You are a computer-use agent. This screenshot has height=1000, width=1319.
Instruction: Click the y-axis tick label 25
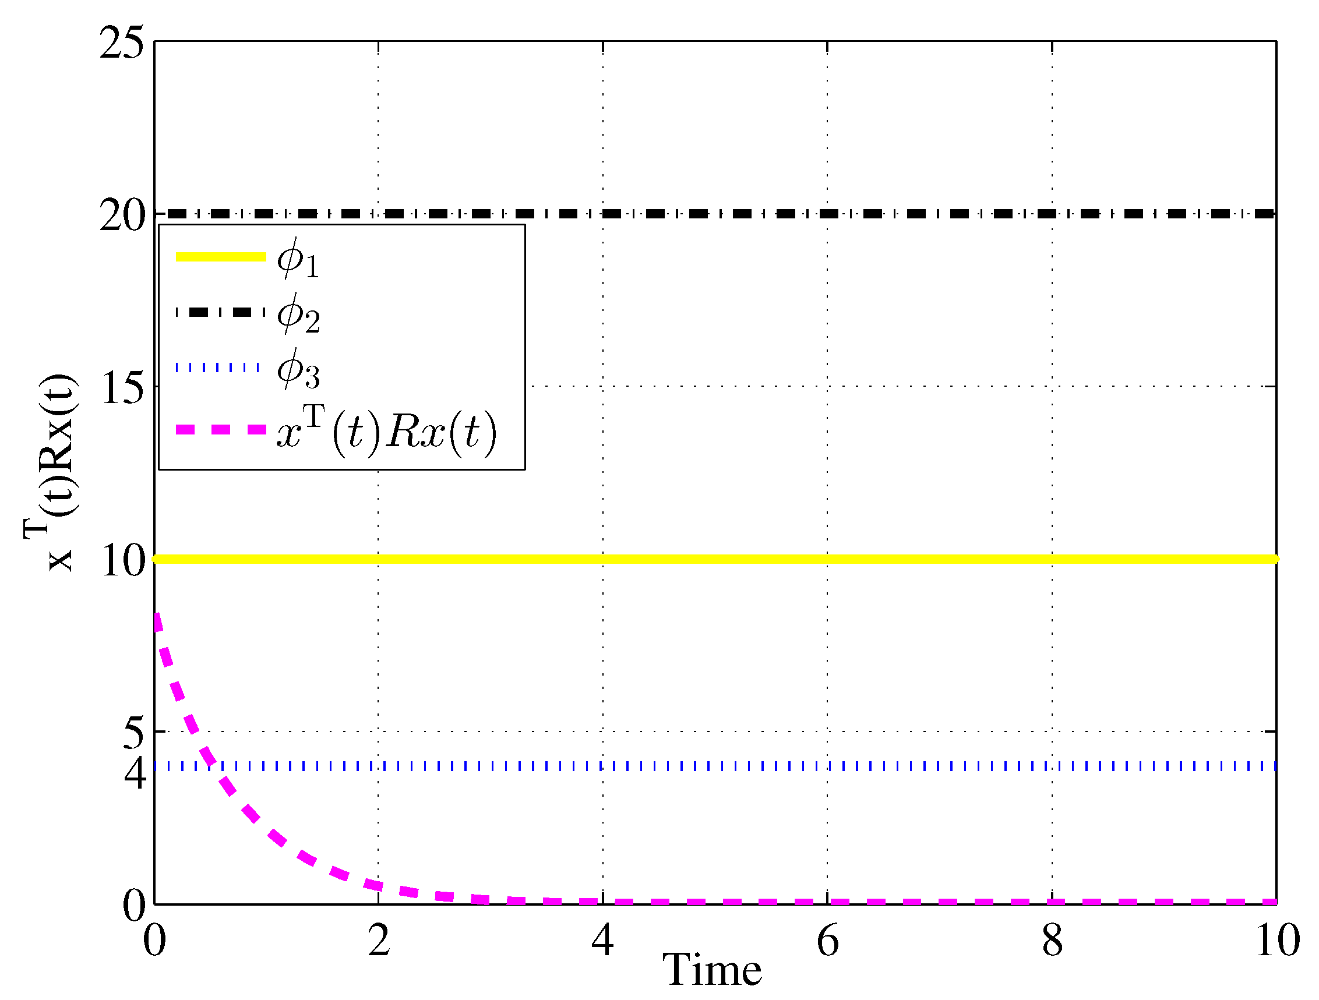(x=122, y=43)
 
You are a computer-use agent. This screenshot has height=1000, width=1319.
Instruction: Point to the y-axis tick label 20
(x=122, y=215)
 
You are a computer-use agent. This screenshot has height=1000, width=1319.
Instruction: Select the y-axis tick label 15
(x=123, y=388)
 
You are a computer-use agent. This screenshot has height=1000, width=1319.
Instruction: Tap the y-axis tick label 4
(x=135, y=773)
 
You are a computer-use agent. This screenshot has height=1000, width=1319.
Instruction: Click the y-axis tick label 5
(x=133, y=733)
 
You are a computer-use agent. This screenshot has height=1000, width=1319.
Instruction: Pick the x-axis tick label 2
(x=379, y=941)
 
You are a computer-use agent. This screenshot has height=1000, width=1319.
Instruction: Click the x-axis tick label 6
(x=828, y=941)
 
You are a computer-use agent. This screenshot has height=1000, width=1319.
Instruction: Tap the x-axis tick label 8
(x=1052, y=941)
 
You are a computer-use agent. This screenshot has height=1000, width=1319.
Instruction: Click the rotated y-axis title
(x=50, y=474)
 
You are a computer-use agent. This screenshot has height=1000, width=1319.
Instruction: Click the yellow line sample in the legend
(x=221, y=257)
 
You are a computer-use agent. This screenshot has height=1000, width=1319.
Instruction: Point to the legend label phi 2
(x=298, y=314)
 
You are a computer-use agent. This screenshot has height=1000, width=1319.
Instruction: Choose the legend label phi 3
(x=298, y=369)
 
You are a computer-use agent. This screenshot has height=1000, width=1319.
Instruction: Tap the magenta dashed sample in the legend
(x=221, y=429)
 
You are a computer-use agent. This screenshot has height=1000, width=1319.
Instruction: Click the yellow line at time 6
(x=828, y=559)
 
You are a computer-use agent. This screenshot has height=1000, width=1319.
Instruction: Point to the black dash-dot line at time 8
(x=1052, y=213)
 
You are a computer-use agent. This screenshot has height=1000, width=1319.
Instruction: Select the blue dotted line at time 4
(x=603, y=766)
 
